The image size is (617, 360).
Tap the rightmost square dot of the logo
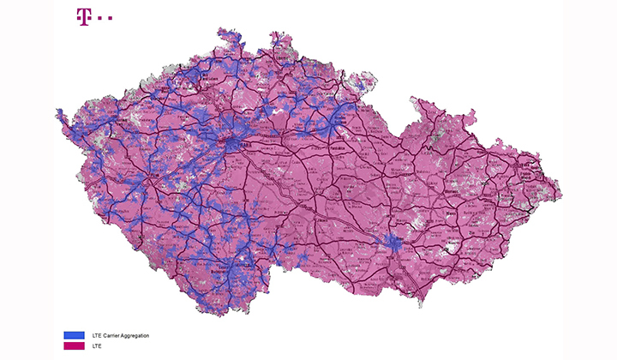tap(111, 16)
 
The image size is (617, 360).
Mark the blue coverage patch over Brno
tap(395, 243)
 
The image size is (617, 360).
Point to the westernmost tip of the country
tap(57, 111)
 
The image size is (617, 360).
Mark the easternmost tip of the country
tap(561, 195)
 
